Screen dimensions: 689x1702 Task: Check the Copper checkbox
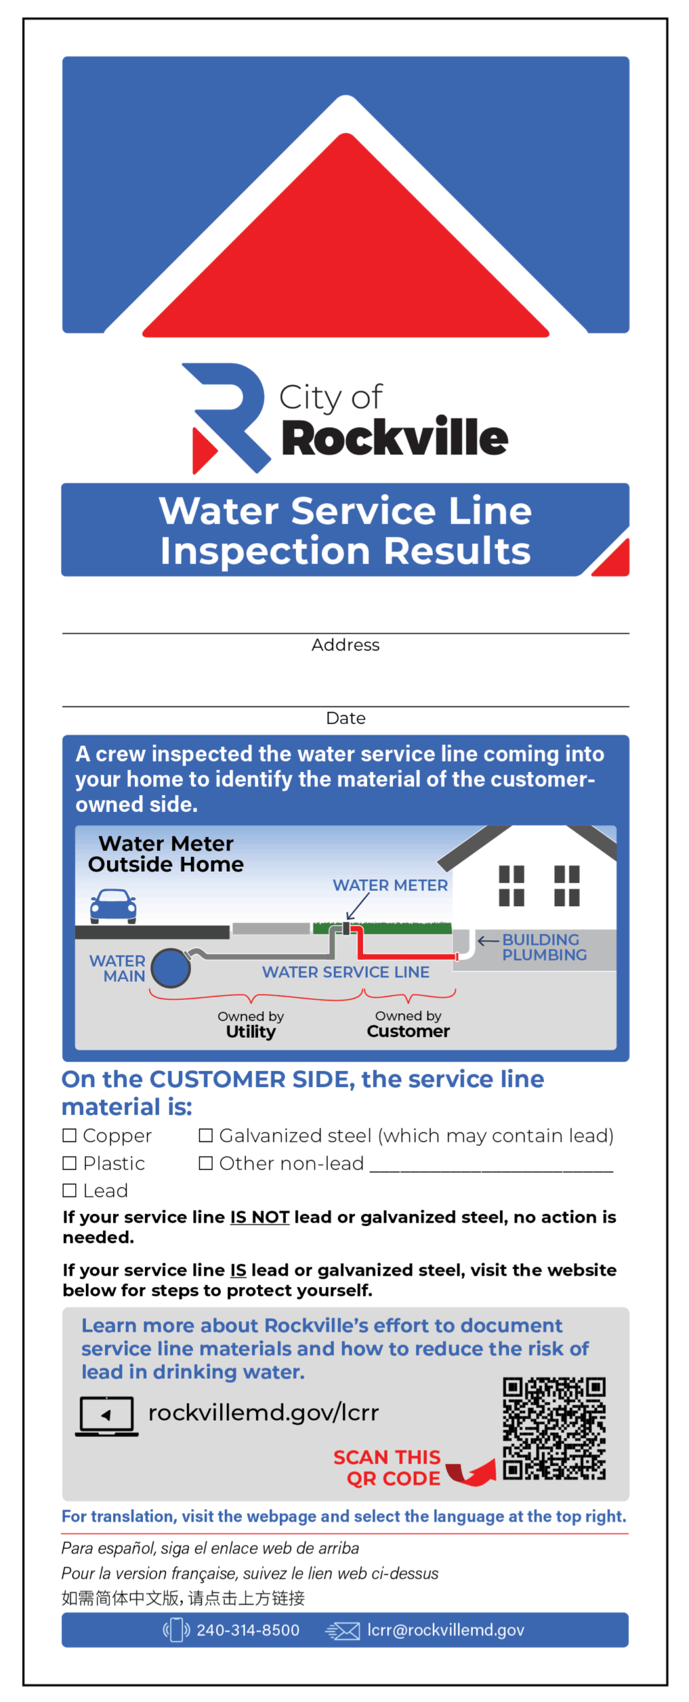(x=69, y=1135)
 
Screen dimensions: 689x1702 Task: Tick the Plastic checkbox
(x=69, y=1163)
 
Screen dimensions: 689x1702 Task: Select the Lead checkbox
(x=69, y=1190)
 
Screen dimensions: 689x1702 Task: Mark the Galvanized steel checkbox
(x=206, y=1135)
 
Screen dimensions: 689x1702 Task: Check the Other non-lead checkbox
(x=206, y=1163)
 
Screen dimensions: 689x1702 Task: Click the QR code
(x=554, y=1429)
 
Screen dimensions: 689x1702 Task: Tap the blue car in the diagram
(x=113, y=906)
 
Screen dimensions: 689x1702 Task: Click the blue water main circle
(x=171, y=967)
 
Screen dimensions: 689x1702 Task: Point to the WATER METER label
(x=390, y=885)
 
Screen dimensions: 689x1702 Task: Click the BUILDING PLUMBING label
(x=545, y=947)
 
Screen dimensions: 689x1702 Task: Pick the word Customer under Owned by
(x=408, y=1031)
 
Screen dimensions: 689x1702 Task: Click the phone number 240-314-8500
(x=248, y=1630)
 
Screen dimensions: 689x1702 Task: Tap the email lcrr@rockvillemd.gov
(x=446, y=1630)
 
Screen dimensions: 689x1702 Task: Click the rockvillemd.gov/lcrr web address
(x=263, y=1412)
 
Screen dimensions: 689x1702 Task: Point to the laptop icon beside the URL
(x=106, y=1415)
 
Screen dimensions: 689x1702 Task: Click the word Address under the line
(x=345, y=645)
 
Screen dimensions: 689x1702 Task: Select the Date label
(x=345, y=718)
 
